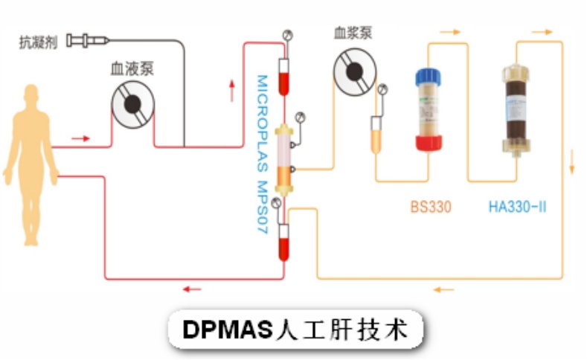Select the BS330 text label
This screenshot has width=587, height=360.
pos(431,206)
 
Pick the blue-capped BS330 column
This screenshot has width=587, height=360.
pos(429,109)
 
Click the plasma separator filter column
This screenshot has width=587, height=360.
pos(284,158)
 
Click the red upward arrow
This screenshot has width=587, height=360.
pos(236,89)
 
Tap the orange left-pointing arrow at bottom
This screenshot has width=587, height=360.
pos(444,289)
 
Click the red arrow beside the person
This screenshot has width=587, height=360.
pos(81,138)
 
